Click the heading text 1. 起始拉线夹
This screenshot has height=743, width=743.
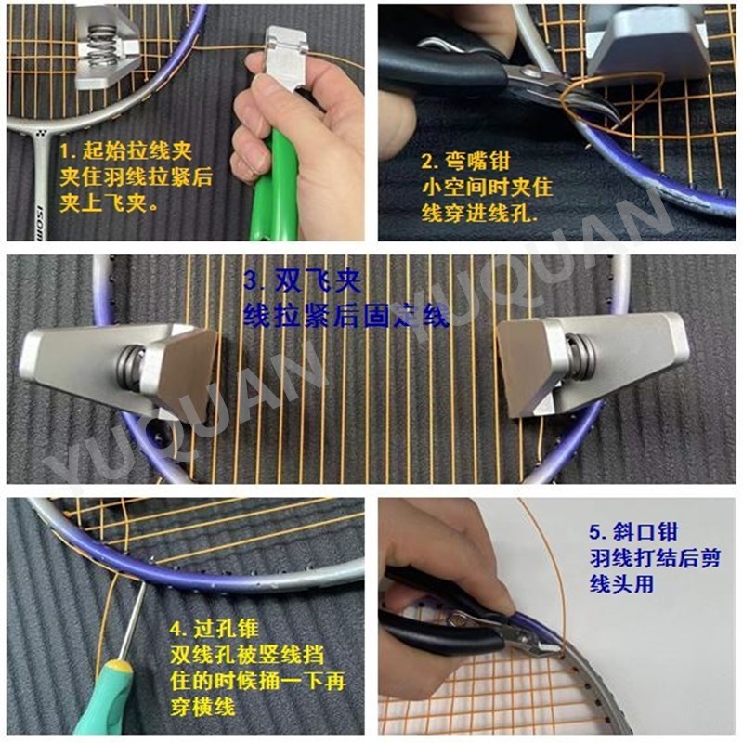click(125, 150)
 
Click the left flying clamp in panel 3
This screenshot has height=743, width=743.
click(121, 366)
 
